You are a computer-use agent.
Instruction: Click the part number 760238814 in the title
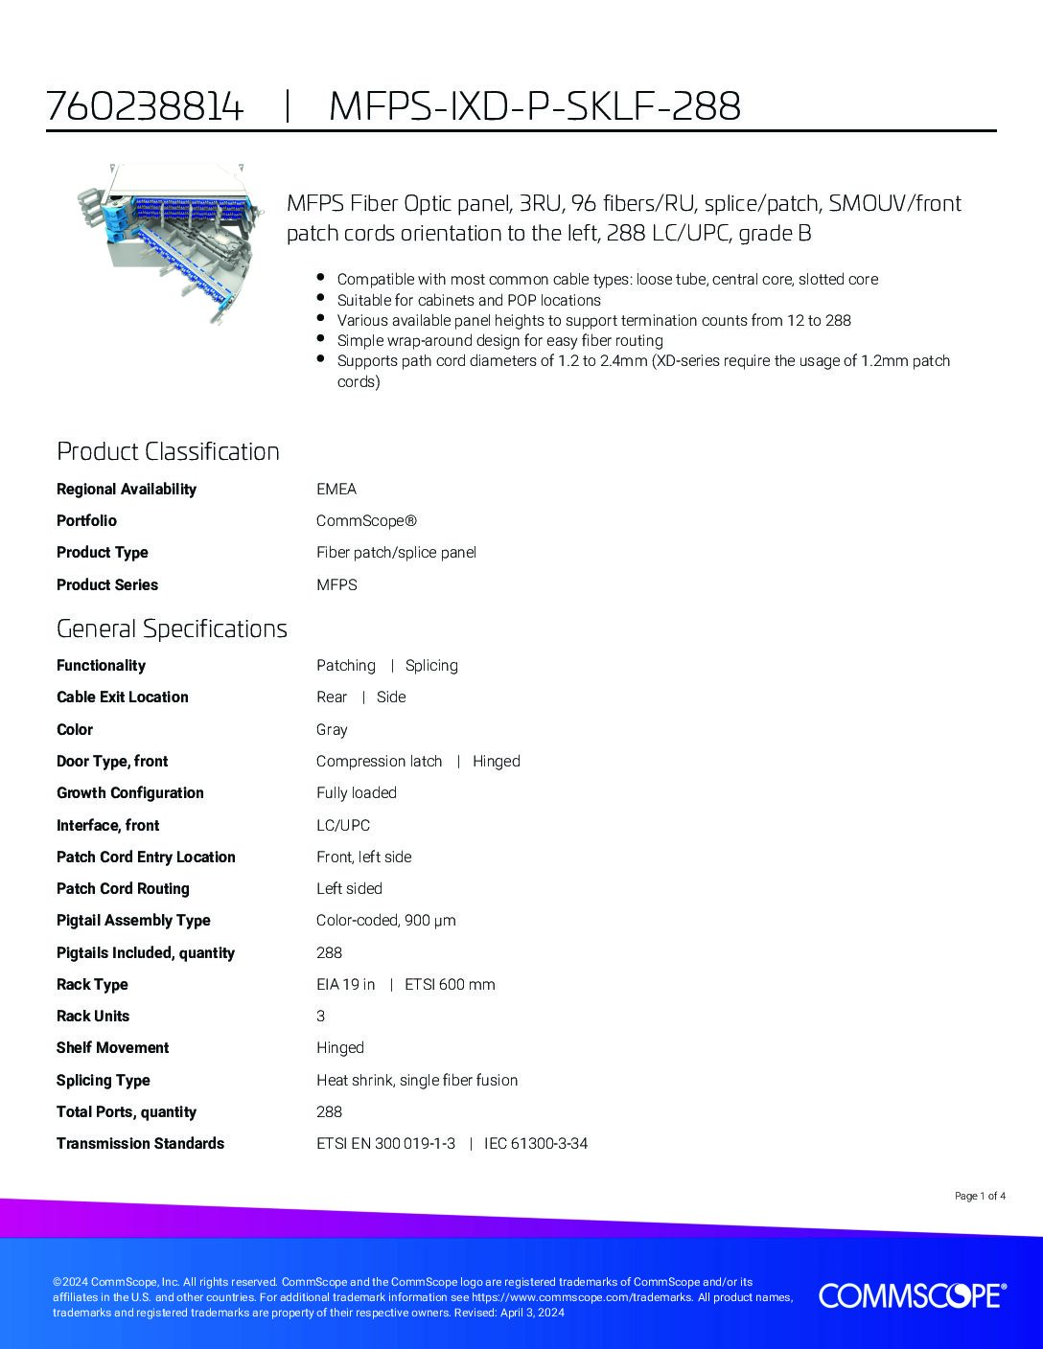click(146, 106)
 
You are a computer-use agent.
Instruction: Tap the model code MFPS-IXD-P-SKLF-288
click(534, 106)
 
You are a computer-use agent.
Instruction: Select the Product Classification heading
click(168, 451)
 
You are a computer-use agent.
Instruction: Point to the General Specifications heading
click(172, 629)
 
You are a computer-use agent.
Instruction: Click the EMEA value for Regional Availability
click(336, 489)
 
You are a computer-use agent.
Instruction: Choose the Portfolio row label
click(86, 520)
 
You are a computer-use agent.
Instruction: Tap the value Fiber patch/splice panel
click(396, 552)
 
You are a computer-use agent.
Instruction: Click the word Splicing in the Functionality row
click(431, 665)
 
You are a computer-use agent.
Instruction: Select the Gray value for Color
click(332, 729)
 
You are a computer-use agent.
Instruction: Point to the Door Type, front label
click(112, 761)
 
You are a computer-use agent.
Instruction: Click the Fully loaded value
click(357, 792)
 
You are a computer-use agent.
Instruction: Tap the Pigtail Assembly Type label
click(133, 920)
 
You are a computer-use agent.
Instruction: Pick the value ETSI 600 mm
click(450, 984)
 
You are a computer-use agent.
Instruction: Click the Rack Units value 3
click(321, 1016)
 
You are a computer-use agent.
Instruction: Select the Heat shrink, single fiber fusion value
click(417, 1080)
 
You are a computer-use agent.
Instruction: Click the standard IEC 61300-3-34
click(536, 1143)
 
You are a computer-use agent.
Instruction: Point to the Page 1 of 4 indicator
click(980, 1196)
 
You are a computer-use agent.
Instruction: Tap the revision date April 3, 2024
click(532, 1313)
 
